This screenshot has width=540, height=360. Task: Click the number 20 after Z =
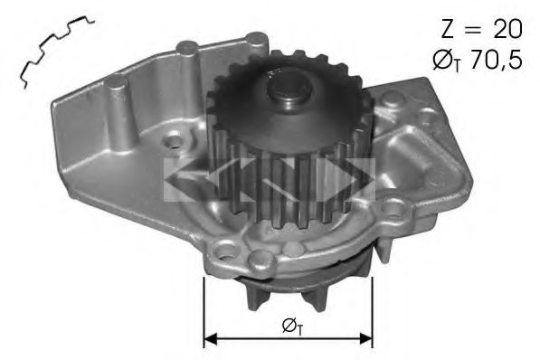507,29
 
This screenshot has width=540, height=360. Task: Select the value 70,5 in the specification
496,60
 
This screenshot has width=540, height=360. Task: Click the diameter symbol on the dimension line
292,326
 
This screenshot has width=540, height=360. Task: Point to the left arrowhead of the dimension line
211,338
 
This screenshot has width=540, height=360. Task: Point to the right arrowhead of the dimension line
366,338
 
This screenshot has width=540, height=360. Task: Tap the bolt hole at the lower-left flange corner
225,251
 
